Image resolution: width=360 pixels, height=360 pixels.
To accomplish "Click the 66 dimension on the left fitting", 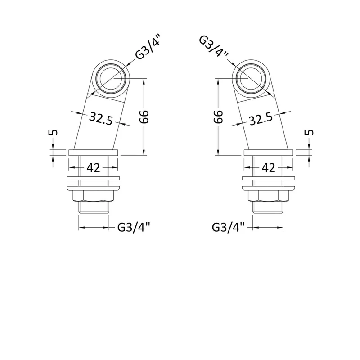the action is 144,117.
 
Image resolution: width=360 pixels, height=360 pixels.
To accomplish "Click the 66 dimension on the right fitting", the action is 218,117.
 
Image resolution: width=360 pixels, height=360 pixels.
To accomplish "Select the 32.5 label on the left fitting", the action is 101,118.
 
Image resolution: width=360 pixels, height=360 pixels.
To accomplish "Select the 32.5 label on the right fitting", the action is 261,118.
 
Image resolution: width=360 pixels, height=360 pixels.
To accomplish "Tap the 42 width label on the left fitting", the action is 94,168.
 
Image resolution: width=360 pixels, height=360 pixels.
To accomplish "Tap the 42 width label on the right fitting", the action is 268,168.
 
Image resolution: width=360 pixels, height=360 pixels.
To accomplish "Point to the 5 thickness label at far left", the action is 53,132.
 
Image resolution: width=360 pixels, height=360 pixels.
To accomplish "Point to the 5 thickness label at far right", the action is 310,132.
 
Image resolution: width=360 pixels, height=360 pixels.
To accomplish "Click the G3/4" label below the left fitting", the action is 134,228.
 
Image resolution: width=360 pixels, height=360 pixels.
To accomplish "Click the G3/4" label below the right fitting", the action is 228,228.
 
